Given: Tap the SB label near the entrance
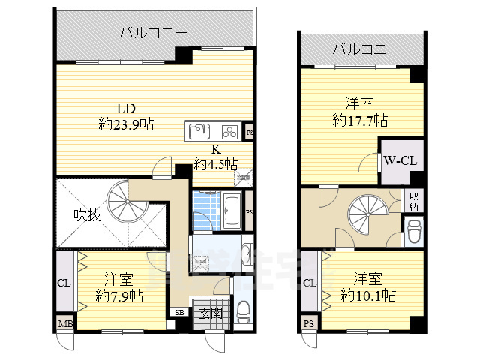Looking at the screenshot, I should [x=180, y=312].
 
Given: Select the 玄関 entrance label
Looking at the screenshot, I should [x=211, y=313].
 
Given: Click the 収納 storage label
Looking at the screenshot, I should [x=413, y=199].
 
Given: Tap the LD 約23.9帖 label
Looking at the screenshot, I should [x=125, y=117].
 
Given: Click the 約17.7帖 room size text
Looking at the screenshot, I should [x=360, y=120].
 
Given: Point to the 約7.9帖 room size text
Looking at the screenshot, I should [x=118, y=295].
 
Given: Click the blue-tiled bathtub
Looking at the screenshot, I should [x=231, y=210].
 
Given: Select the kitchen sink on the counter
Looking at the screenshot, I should [x=199, y=131].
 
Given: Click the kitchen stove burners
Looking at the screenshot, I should [x=228, y=132].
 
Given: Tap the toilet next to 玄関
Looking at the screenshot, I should [x=244, y=311].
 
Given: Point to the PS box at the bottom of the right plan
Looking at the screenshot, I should [x=308, y=324].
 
